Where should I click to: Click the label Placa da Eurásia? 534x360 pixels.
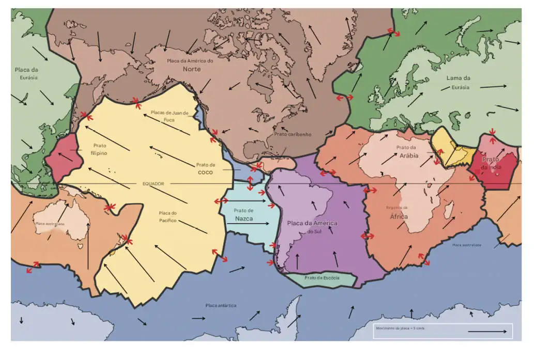pyautogui.click(x=26, y=73)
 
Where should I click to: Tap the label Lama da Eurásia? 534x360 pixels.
pyautogui.click(x=458, y=83)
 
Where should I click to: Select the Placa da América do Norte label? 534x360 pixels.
pyautogui.click(x=190, y=65)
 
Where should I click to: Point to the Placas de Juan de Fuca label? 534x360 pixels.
pyautogui.click(x=170, y=116)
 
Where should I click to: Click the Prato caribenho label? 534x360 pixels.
pyautogui.click(x=293, y=134)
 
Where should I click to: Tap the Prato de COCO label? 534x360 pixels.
pyautogui.click(x=205, y=168)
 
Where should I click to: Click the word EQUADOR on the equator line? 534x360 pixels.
pyautogui.click(x=153, y=183)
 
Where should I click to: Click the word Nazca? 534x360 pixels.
pyautogui.click(x=244, y=219)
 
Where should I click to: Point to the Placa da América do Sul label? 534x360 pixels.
pyautogui.click(x=312, y=226)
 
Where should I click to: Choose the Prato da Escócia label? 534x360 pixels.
pyautogui.click(x=322, y=278)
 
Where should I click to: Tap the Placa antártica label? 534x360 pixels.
pyautogui.click(x=221, y=305)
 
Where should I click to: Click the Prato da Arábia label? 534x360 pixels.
pyautogui.click(x=407, y=151)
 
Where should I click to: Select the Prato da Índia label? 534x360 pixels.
pyautogui.click(x=492, y=163)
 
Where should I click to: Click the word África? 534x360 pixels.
pyautogui.click(x=399, y=216)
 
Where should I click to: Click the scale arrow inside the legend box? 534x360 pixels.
pyautogui.click(x=487, y=331)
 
